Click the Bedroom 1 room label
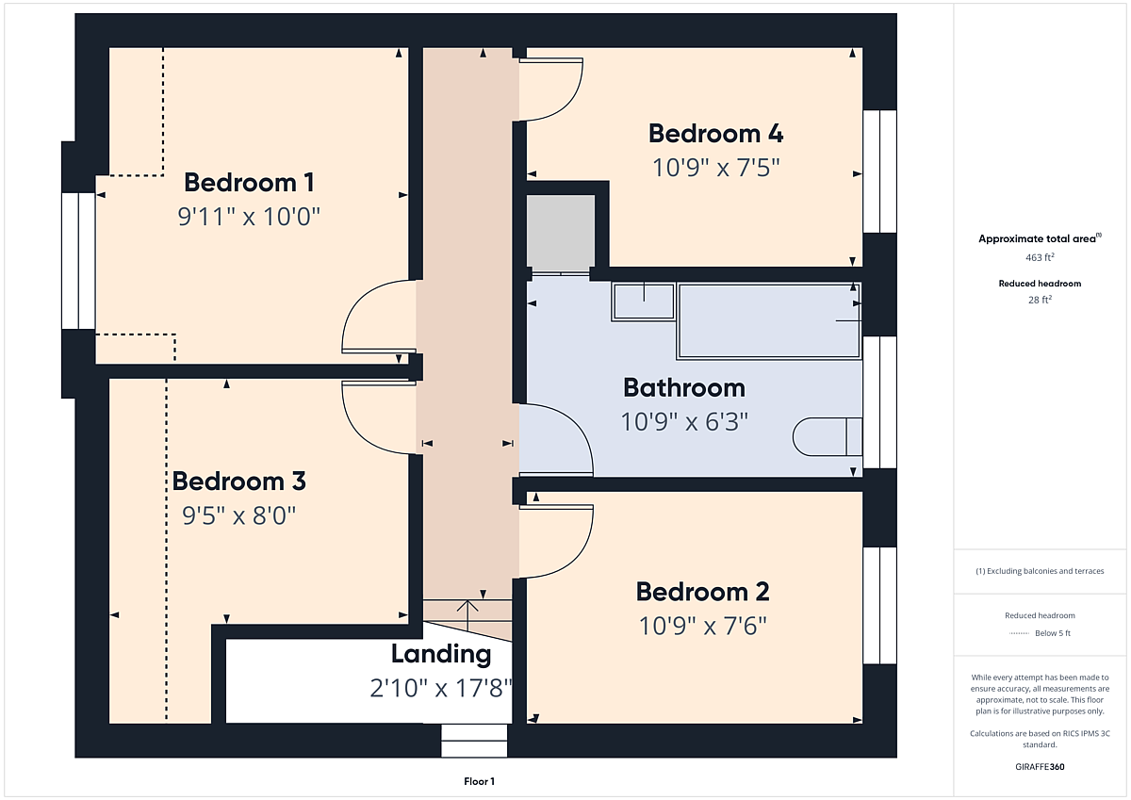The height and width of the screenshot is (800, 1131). coord(249,182)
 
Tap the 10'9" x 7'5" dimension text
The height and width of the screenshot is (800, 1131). coord(716,168)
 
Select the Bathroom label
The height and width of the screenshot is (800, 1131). coord(684,387)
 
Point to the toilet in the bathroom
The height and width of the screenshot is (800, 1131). coord(828,436)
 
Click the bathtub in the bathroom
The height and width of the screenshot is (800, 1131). coord(768,321)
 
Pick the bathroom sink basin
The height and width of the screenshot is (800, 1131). coord(643,302)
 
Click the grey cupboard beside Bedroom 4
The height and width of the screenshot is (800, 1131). coord(561,234)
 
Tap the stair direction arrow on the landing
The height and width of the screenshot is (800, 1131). coord(467,614)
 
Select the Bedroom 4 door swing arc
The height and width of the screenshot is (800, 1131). coord(573,101)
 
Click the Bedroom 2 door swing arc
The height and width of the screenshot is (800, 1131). coord(581,550)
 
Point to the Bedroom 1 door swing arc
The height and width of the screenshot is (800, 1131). coord(353,302)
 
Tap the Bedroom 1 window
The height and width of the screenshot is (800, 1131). coord(78,261)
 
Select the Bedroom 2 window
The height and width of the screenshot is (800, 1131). coord(879,605)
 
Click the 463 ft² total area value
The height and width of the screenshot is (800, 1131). coord(1040,257)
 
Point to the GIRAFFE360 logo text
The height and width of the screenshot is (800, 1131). coord(1040,767)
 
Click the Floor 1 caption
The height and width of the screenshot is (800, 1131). coord(479,781)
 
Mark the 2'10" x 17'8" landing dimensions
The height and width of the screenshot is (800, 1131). coord(441,688)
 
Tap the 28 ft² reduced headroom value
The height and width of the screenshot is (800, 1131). coord(1040,300)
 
